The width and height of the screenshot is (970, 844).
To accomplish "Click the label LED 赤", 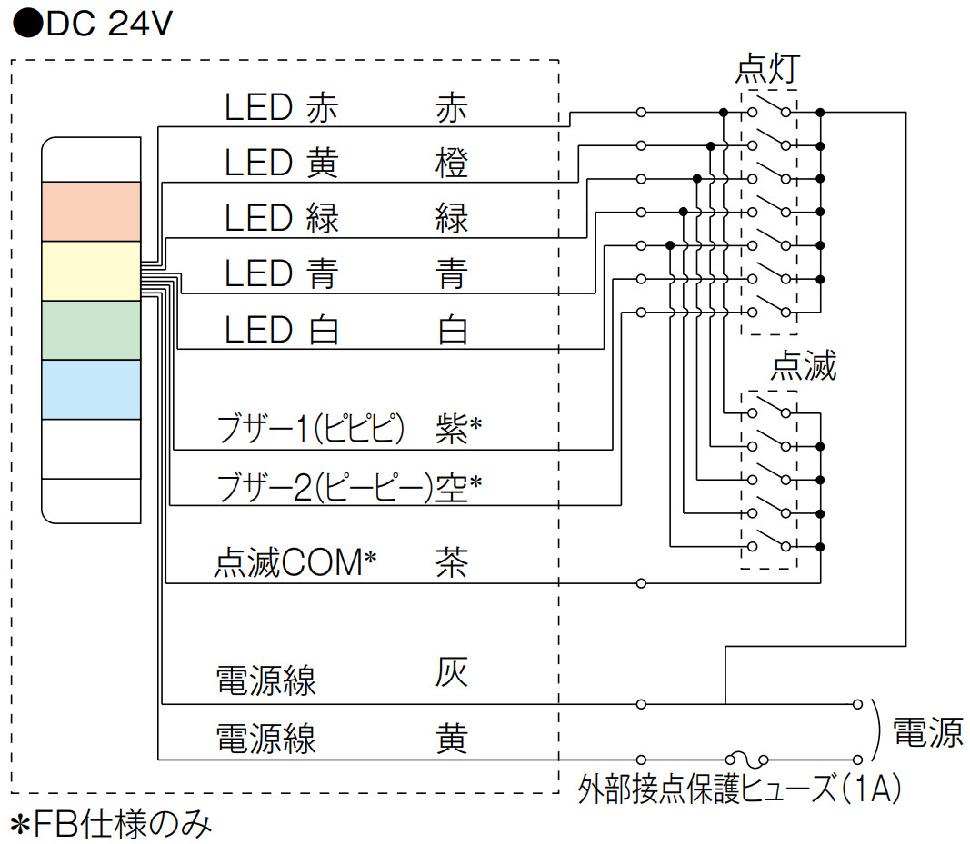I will pyautogui.click(x=282, y=109).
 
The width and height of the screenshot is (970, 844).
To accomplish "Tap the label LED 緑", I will pyautogui.click(x=282, y=219).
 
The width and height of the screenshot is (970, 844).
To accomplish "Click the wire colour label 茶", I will pyautogui.click(x=452, y=562).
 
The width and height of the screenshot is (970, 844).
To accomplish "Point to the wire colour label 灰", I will pyautogui.click(x=452, y=673).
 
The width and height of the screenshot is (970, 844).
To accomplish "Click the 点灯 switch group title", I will pyautogui.click(x=768, y=71).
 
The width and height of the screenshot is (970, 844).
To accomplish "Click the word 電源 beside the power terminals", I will pyautogui.click(x=927, y=731).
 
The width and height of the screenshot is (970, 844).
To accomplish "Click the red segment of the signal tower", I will pyautogui.click(x=91, y=211).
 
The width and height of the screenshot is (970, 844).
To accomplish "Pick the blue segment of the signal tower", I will pyautogui.click(x=91, y=390).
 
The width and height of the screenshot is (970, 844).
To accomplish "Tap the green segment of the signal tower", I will pyautogui.click(x=91, y=330).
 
